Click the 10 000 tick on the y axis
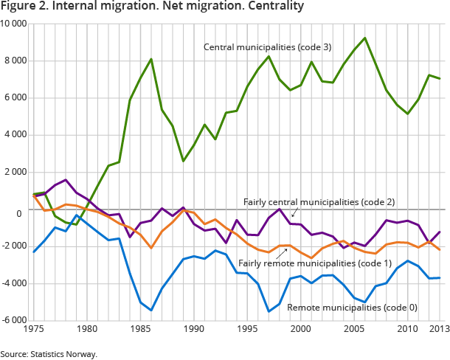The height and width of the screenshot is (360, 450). pyautogui.click(x=14, y=24)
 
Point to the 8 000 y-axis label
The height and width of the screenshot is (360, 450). pyautogui.click(x=16, y=60)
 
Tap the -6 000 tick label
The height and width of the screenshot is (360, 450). pyautogui.click(x=15, y=320)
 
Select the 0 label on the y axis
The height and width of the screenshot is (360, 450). pyautogui.click(x=25, y=213)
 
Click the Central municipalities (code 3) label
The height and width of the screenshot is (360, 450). pyautogui.click(x=268, y=47)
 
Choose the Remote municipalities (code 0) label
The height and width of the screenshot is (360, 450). pyautogui.click(x=345, y=306)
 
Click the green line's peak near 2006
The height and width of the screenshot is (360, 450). pyautogui.click(x=364, y=38)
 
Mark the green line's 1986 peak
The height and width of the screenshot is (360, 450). pyautogui.click(x=151, y=59)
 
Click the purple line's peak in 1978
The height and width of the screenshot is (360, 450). pyautogui.click(x=66, y=180)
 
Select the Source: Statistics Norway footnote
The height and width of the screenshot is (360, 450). pyautogui.click(x=49, y=354)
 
